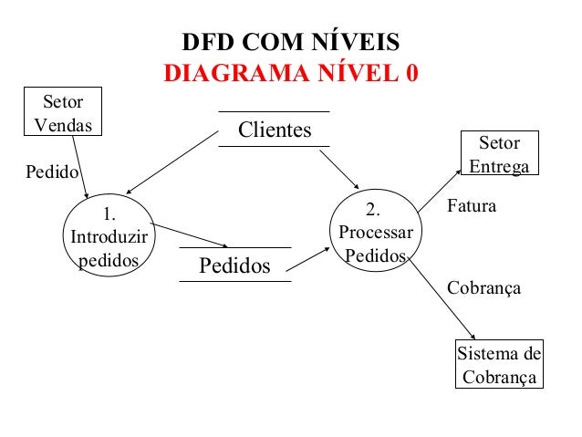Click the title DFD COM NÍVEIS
[x=290, y=44]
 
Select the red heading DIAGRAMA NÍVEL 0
[x=290, y=73]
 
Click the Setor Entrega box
[x=499, y=154]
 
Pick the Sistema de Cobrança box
[x=499, y=365]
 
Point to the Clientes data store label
[x=274, y=130]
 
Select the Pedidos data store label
[x=234, y=266]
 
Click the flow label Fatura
[x=472, y=207]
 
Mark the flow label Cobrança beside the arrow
[x=483, y=288]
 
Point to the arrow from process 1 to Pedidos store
[x=190, y=236]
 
